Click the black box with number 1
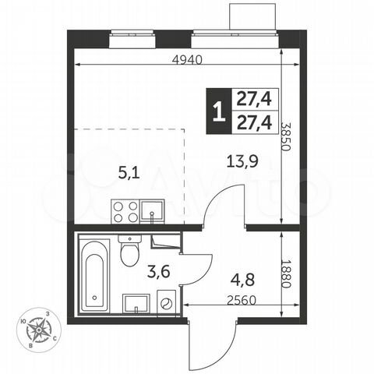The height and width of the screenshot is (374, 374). (217, 109)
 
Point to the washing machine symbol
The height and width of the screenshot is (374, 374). (165, 302)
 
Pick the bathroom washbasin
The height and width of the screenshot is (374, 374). (134, 303)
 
